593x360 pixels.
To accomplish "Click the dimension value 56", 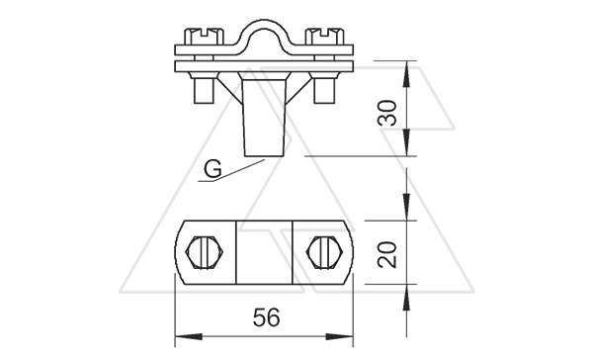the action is (267, 317).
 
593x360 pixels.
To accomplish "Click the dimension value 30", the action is (388, 113).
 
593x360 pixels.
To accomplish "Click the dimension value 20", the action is (388, 255).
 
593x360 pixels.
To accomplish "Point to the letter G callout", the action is (212, 169).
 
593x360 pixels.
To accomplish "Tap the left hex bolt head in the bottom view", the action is (205, 252).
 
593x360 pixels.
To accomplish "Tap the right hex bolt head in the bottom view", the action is (325, 252).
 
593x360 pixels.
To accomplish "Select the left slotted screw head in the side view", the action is (204, 37).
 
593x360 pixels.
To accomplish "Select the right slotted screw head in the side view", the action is (324, 37).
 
